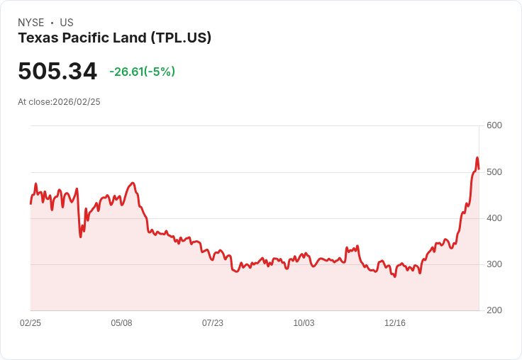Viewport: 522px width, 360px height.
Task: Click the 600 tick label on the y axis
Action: point(494,125)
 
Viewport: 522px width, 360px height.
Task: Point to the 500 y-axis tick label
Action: point(494,172)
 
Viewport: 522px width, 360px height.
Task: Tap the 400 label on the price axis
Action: point(494,218)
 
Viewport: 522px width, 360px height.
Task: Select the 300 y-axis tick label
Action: point(494,264)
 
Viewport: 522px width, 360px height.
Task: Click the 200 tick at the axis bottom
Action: point(494,310)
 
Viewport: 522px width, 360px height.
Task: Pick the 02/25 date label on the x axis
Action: point(30,323)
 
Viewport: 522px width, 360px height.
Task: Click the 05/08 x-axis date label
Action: point(121,323)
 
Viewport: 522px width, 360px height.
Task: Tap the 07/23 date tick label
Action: point(213,323)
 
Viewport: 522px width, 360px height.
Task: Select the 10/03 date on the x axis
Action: point(304,323)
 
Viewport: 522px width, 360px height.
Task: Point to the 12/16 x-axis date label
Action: point(395,323)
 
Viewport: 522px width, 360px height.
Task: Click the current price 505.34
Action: point(57,72)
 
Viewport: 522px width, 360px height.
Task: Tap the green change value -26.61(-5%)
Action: point(142,72)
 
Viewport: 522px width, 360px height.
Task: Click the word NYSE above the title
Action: point(31,23)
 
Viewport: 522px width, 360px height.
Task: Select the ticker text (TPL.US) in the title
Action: point(181,38)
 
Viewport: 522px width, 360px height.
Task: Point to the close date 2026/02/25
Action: point(77,102)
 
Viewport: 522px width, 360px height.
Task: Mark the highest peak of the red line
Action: point(477,157)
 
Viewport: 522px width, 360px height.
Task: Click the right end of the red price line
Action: point(479,169)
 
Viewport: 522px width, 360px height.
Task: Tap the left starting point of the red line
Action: point(30,204)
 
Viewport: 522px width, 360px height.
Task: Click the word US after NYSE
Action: point(66,23)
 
